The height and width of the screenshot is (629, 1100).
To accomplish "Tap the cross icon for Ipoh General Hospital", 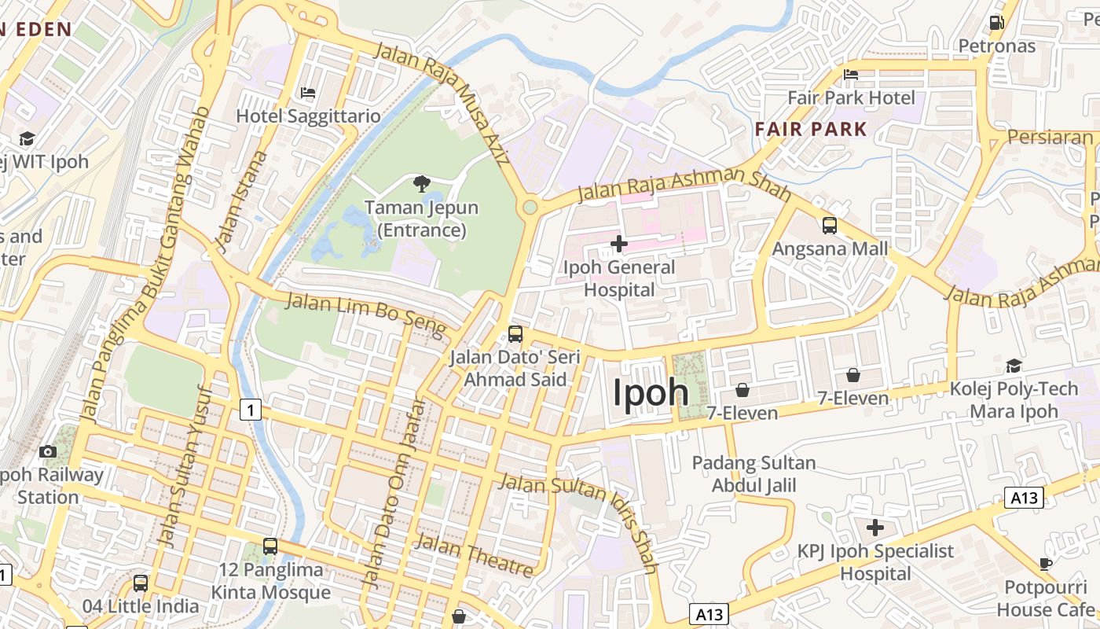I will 619,244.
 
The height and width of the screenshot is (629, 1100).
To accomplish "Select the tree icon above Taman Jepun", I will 422,185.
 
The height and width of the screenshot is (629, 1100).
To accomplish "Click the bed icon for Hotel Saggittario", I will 308,93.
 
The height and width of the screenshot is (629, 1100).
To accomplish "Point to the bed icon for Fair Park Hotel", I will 851,75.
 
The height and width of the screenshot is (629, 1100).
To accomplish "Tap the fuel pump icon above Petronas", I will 997,23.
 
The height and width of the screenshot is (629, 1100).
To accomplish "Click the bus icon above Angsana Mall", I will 830,226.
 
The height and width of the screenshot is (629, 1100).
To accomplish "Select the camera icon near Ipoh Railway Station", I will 48,451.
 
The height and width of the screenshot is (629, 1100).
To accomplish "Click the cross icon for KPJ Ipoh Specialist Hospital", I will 874,528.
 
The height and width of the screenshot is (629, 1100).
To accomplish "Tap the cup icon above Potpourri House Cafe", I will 1046,564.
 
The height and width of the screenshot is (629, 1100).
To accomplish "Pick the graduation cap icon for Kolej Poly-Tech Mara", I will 1014,366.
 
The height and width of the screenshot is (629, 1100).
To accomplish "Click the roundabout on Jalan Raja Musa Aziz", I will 530,208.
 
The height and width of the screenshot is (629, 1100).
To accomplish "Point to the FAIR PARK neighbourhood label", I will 811,129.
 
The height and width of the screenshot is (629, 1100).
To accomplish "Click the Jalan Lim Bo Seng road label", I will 365,313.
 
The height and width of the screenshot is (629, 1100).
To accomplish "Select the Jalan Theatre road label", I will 474,554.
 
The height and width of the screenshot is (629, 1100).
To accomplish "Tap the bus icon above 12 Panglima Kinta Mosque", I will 270,546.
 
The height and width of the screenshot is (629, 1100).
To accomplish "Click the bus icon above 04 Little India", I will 141,583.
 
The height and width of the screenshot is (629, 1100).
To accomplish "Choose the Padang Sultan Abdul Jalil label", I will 753,474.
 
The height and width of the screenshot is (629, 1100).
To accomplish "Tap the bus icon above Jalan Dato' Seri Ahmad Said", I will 515,334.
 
